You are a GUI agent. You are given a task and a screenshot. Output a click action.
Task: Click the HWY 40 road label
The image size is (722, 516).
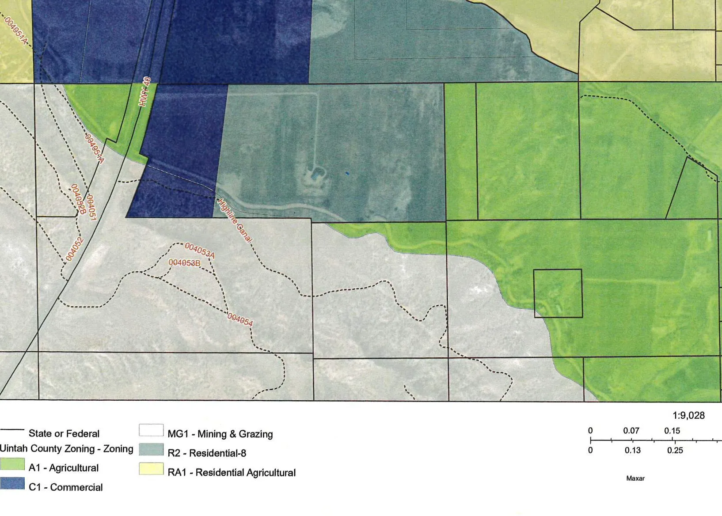coord(145,92)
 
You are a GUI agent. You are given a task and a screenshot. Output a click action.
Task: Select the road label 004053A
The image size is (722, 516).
coord(200,250)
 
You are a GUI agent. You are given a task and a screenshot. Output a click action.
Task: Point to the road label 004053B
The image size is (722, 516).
coord(184,263)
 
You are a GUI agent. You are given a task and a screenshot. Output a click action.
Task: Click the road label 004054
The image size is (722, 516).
coord(240,319)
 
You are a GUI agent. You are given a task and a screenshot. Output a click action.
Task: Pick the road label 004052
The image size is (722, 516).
coord(74,249)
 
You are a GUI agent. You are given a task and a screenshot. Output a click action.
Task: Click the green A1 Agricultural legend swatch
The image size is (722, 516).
coord(12,464)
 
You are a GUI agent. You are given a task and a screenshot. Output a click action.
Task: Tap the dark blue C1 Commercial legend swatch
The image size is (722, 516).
coord(12,484)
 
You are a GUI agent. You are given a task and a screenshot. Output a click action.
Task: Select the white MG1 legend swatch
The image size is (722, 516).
coord(151,430)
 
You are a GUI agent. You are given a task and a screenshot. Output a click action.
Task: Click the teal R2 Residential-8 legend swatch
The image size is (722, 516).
coord(151,450)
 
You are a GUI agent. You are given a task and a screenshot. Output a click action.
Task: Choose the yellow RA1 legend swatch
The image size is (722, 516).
coord(151,469)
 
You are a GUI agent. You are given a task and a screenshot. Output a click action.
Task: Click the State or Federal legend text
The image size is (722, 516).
coord(64,433)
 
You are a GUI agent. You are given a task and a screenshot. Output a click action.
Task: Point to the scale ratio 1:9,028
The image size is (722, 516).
coord(688,415)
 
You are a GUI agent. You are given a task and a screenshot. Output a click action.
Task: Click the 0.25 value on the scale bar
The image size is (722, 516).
coord(675,451)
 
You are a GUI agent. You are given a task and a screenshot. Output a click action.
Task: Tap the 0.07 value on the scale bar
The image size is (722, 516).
coord(631,430)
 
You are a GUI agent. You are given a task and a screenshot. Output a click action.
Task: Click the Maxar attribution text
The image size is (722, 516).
coord(635,478)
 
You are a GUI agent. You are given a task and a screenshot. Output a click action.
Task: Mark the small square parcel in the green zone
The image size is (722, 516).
coord(558,293)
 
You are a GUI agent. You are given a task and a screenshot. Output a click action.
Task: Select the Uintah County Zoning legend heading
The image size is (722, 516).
coord(66,449)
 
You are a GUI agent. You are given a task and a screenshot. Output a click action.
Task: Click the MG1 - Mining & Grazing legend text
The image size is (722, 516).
coord(220,434)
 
